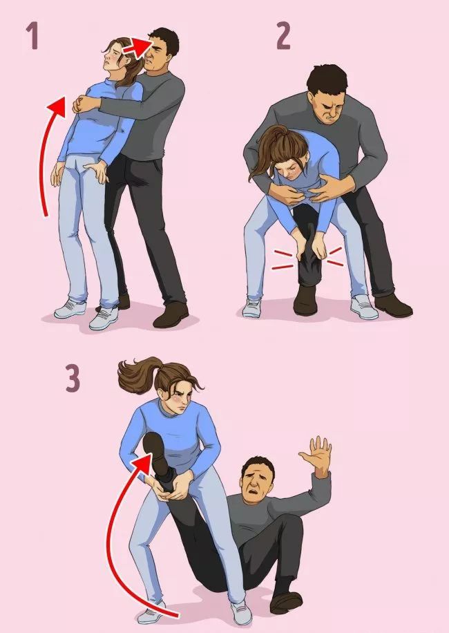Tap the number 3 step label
pos(73,379)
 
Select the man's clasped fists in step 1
pos(83,104)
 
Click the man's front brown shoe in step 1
pos(171,314)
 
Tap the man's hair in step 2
pos(326,79)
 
